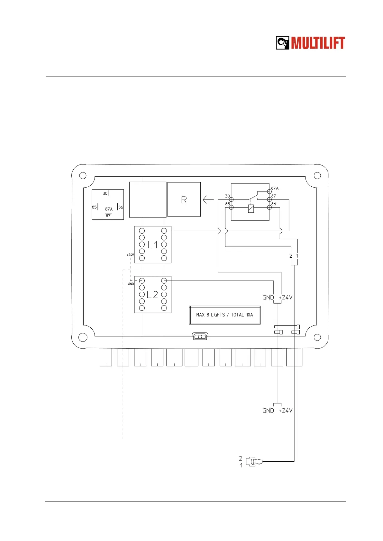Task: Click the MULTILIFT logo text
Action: point(318,43)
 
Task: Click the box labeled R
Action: point(184,200)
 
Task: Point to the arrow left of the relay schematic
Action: point(208,200)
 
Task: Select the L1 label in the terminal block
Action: point(153,245)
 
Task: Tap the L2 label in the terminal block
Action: point(152,295)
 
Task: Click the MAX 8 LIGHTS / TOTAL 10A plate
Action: point(224,315)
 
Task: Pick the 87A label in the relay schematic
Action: point(275,188)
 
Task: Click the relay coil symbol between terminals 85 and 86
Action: point(251,208)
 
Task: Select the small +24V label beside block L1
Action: point(130,255)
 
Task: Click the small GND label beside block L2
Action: point(131,284)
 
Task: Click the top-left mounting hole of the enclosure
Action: point(83,175)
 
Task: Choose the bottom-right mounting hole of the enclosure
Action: point(317,337)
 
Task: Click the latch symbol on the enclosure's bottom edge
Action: point(200,336)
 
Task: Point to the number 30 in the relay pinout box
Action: point(105,193)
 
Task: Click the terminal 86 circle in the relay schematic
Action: point(269,208)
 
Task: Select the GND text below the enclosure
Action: point(268,411)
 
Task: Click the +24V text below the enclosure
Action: point(286,411)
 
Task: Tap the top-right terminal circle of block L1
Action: point(164,231)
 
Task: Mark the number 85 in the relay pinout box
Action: point(94,207)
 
